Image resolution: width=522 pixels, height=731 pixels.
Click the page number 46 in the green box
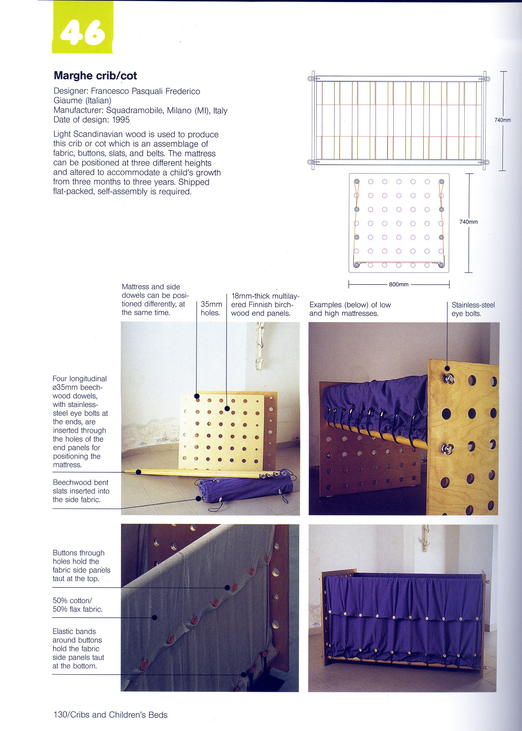point(83,33)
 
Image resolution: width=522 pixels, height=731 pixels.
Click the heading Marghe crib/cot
point(95,76)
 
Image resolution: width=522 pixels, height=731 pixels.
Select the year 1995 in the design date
point(121,120)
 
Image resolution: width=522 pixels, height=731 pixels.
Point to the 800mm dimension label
point(399,284)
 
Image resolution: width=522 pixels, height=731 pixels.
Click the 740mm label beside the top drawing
point(502,120)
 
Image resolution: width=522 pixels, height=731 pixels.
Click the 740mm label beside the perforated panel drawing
point(468,222)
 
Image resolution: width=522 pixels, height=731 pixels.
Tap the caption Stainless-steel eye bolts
point(473,309)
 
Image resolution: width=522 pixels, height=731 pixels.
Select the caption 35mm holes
point(211,309)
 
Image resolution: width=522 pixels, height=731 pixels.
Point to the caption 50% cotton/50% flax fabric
point(77,605)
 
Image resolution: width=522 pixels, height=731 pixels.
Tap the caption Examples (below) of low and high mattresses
point(350,309)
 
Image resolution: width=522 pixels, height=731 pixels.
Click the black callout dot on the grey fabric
point(155,617)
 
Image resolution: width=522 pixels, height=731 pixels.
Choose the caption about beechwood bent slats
point(81,491)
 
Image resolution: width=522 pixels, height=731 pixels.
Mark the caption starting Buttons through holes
point(81,566)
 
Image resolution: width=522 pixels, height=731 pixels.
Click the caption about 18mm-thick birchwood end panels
point(265,304)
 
